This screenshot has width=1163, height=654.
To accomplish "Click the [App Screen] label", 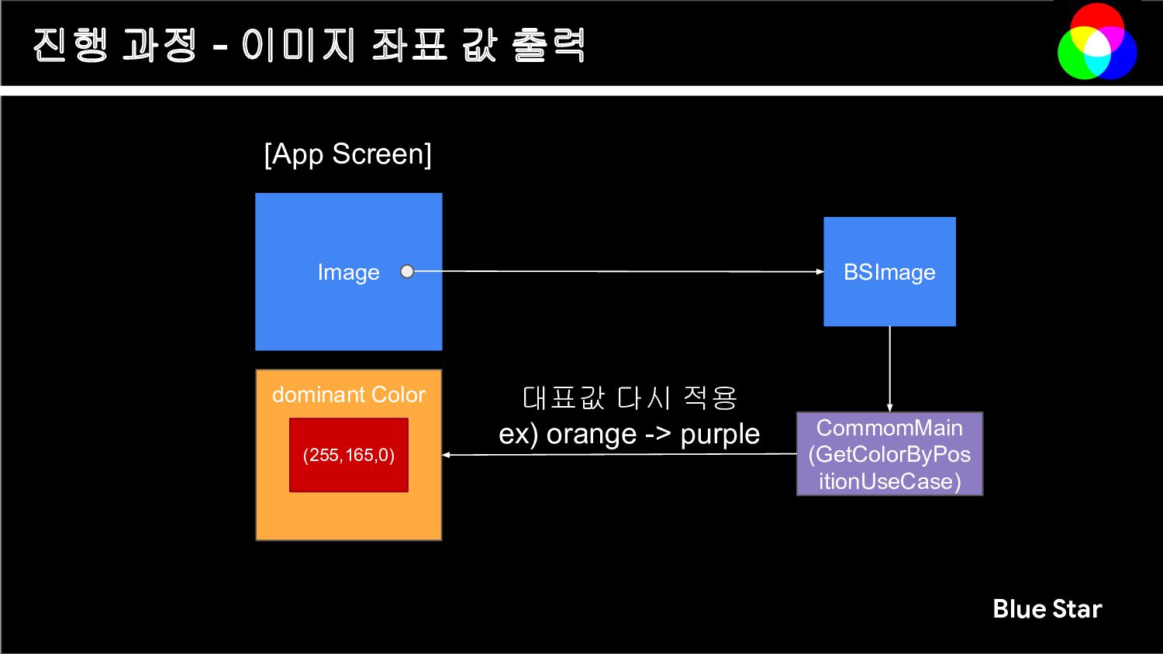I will [347, 154].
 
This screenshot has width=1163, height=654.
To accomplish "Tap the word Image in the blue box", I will [348, 273].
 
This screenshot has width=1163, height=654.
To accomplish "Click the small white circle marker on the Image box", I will [407, 271].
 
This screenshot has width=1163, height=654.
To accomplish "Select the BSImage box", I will [889, 272].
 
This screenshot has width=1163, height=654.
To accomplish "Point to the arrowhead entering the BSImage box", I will [820, 272].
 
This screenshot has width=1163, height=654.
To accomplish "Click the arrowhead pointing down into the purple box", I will [889, 408].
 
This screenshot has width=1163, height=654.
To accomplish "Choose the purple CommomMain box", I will [889, 454].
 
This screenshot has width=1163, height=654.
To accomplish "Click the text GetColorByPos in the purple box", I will [889, 455].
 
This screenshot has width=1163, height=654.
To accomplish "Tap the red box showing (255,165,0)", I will [348, 455].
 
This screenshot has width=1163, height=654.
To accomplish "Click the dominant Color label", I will [348, 395].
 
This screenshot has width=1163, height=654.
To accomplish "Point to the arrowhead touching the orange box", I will [447, 455].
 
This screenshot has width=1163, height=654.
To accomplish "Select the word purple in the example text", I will [720, 435].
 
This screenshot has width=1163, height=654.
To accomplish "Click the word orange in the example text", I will [592, 435].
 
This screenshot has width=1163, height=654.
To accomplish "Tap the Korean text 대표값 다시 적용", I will [630, 398].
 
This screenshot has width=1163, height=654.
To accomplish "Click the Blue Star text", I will [1047, 609].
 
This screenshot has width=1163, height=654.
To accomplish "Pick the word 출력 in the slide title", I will [548, 45].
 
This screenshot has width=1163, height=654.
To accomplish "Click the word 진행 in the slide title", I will [71, 45].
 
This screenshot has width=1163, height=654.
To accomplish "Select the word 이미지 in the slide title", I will [298, 45].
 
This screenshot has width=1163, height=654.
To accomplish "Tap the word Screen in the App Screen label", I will [381, 154].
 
